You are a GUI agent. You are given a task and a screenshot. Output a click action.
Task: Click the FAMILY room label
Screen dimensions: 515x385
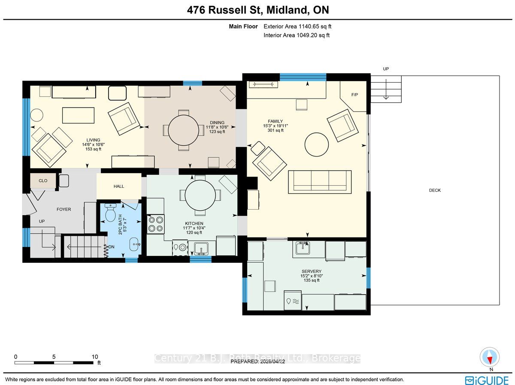(x=275, y=121)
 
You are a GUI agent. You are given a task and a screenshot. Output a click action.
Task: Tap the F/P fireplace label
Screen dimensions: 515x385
(x=354, y=95)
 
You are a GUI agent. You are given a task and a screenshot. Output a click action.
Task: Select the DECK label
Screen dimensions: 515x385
(x=435, y=190)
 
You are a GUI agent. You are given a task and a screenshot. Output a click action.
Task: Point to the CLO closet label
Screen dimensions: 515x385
(x=43, y=180)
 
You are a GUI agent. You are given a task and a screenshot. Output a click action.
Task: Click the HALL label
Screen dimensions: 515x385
(x=119, y=186)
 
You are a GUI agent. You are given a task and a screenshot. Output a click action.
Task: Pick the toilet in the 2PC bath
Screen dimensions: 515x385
(x=110, y=212)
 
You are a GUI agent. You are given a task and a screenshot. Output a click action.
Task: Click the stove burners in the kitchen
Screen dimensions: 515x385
(x=156, y=224)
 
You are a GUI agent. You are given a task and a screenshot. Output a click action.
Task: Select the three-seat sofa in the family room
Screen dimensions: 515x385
(x=320, y=182)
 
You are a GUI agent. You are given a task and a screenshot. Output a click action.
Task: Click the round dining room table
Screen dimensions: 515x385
(x=184, y=130)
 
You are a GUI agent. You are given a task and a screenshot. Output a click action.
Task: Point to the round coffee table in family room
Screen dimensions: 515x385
(x=316, y=144)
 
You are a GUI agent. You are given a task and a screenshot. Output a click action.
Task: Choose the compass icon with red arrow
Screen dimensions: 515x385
(x=489, y=357)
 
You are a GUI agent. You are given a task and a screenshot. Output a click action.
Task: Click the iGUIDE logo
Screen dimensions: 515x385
(x=487, y=380)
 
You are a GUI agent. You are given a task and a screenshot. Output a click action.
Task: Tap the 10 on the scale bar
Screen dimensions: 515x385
(x=95, y=357)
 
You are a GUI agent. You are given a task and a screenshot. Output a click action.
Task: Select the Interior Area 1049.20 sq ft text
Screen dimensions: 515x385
(x=297, y=35)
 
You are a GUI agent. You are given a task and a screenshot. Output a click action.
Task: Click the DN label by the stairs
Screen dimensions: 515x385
(x=111, y=247)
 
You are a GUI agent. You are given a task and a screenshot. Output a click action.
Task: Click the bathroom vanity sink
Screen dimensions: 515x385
(x=135, y=244)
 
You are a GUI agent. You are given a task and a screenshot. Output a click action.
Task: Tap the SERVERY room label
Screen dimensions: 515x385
(x=311, y=271)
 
